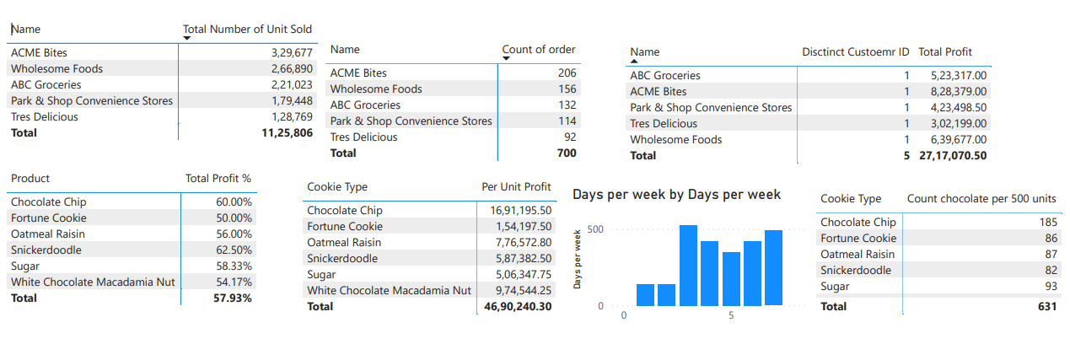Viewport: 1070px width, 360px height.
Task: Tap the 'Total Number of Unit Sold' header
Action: coord(247,29)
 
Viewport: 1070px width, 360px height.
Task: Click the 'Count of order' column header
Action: coord(539,49)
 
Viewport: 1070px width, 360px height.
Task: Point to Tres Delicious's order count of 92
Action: coord(570,137)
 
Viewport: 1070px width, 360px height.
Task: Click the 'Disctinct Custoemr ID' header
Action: coord(855,51)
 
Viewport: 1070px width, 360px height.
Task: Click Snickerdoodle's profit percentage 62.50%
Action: coord(234,250)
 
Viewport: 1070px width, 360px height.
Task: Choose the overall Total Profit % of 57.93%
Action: coord(233,298)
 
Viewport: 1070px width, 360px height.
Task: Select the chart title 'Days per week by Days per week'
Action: coord(676,195)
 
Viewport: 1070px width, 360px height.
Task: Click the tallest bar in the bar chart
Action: coord(688,265)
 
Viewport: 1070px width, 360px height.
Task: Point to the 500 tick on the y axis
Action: coord(594,229)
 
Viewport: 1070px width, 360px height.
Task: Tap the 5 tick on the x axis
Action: coord(731,315)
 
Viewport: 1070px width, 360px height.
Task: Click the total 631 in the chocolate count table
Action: coord(1046,307)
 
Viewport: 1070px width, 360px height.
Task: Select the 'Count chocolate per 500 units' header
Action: coord(981,198)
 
